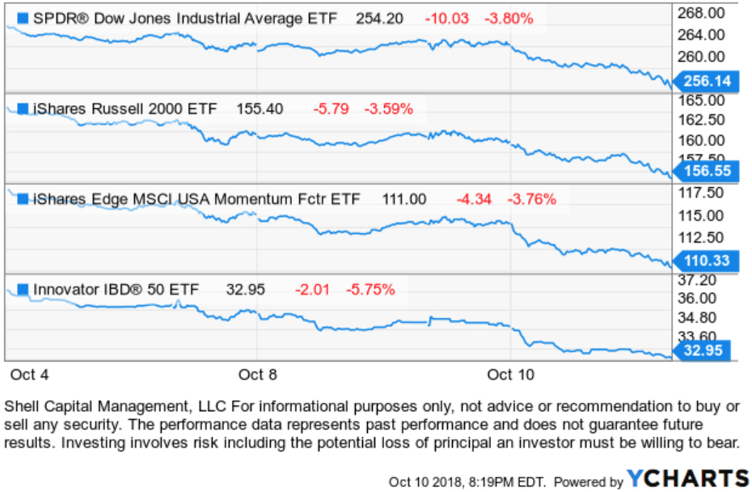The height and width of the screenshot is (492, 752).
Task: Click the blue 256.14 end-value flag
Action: [x=706, y=81]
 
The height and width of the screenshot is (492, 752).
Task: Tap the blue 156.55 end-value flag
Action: [x=706, y=172]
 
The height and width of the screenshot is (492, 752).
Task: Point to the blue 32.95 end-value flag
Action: [x=706, y=350]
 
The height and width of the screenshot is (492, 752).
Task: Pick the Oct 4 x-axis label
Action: [x=30, y=374]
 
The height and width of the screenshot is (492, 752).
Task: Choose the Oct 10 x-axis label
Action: [x=512, y=374]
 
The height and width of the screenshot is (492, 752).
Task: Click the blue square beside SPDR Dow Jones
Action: [x=22, y=19]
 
